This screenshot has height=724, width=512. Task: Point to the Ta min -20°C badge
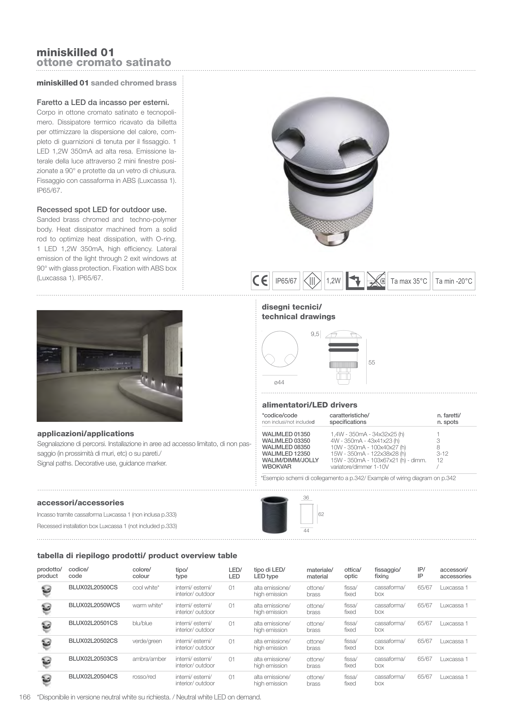(453, 281)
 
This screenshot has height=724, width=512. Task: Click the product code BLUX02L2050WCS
(94, 605)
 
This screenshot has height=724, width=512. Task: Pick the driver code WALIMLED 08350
(286, 447)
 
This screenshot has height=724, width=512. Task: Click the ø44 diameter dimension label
(279, 382)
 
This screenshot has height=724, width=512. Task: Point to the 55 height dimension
(372, 363)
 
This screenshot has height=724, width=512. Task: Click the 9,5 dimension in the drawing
(315, 334)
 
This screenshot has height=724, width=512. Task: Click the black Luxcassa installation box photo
(275, 514)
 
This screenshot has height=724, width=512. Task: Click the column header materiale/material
(320, 573)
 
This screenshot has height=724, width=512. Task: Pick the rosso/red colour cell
(144, 677)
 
